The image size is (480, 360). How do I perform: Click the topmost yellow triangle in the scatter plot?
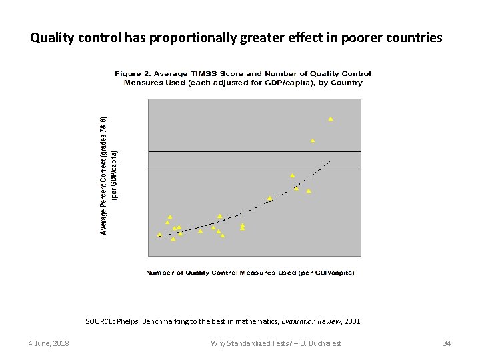coord(330,119)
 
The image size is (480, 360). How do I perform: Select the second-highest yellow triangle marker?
coord(312,141)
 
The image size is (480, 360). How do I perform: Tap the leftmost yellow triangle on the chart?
coord(159,235)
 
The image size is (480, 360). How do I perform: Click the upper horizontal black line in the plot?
coord(253,152)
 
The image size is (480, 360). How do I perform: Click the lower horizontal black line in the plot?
coord(253,169)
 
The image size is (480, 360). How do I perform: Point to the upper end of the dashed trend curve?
coord(330,161)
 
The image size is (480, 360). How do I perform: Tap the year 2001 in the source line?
coord(352,321)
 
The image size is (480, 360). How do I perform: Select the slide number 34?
coord(447,343)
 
